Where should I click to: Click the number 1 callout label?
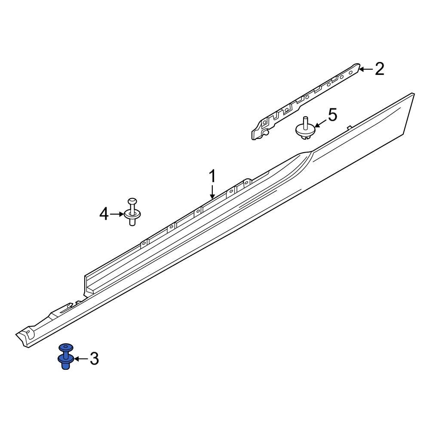point(212,177)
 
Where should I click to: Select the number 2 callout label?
point(379,69)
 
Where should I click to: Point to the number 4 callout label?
point(104,214)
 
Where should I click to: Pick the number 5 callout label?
point(332,115)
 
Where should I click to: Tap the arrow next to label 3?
point(80,358)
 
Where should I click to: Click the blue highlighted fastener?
point(65,357)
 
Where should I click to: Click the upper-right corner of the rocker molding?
point(413,94)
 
